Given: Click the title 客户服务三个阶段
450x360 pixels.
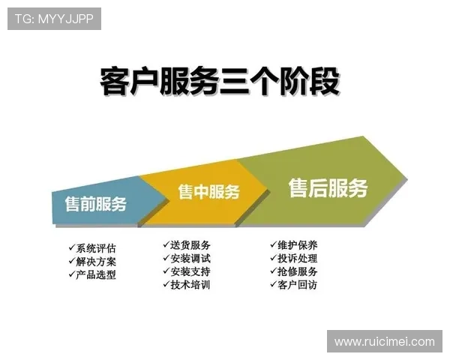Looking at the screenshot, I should [x=220, y=81].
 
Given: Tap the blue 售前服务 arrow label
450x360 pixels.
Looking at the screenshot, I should [x=95, y=204].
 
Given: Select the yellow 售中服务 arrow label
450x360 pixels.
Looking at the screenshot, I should [x=208, y=192].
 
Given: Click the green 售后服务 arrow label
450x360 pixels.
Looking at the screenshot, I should [x=328, y=188].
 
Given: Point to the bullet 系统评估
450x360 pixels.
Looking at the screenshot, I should [x=96, y=248].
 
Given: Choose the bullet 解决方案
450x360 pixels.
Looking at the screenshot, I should [x=96, y=262].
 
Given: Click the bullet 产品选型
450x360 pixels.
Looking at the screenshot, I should [x=96, y=275].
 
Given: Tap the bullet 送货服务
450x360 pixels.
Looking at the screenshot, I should [x=190, y=244].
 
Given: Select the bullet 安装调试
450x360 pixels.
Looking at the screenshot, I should [x=190, y=258].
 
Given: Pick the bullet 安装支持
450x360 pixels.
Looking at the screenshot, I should [x=190, y=271].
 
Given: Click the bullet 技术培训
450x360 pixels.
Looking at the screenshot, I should [x=190, y=285].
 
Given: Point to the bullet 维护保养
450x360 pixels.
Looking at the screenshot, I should [x=297, y=244].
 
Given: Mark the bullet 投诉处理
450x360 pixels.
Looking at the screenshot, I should [x=297, y=258].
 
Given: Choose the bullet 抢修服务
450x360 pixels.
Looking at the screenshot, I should [x=297, y=271].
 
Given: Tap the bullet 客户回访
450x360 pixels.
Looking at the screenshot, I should [x=297, y=285].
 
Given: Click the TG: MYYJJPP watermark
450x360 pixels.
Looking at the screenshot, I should [x=54, y=19].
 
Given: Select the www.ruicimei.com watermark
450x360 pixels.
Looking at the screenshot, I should [x=384, y=342].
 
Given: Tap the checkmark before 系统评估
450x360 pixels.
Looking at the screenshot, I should [x=71, y=247].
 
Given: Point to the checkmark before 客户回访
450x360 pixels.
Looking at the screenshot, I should [x=272, y=284].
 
